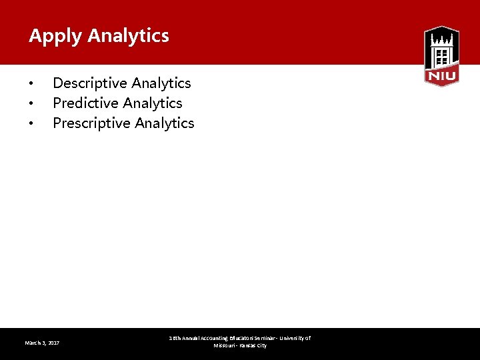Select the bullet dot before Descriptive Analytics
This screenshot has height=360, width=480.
click(31, 84)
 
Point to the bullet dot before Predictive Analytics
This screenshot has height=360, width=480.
click(31, 104)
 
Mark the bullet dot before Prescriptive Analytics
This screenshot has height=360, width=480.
click(31, 124)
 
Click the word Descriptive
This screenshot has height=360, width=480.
click(90, 83)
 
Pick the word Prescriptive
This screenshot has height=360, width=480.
click(91, 123)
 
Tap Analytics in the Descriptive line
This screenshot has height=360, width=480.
click(161, 83)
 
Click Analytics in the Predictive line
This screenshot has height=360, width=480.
click(152, 103)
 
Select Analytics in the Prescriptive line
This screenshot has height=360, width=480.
click(164, 123)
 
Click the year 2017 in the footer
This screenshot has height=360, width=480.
click(53, 343)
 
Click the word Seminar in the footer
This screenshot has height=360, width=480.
click(265, 339)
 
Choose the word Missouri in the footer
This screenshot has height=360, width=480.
click(224, 346)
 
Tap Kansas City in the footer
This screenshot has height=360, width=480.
click(253, 346)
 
